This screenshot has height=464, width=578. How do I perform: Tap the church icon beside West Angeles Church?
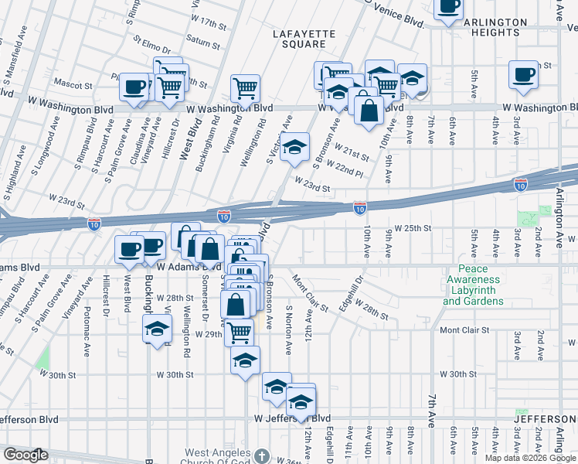point(262,455)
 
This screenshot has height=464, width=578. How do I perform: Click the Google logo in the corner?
point(25,455)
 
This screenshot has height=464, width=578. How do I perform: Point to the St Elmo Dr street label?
point(150,40)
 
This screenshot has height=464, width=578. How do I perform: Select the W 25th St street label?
point(412,229)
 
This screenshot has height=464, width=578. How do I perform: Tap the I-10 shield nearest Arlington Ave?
point(522,183)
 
